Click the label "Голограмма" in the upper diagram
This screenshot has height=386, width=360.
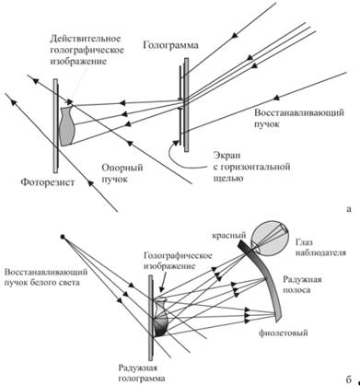pyautogui.click(x=171, y=46)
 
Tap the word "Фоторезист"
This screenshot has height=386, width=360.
pyautogui.click(x=48, y=182)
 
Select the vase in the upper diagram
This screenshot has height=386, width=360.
pyautogui.click(x=66, y=126)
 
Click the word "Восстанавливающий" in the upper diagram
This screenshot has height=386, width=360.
pyautogui.click(x=299, y=112)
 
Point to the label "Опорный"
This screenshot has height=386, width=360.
pyautogui.click(x=122, y=168)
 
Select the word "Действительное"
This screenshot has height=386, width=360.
pyautogui.click(x=85, y=39)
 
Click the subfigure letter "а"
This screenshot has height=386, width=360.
pyautogui.click(x=348, y=209)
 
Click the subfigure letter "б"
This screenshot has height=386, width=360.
pyautogui.click(x=349, y=380)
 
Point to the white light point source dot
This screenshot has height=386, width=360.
pyautogui.click(x=63, y=237)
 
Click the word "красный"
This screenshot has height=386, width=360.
pyautogui.click(x=228, y=236)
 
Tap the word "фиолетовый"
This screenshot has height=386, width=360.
pyautogui.click(x=284, y=333)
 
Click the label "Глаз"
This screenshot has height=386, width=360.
pyautogui.click(x=305, y=242)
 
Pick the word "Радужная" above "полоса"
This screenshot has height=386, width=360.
pyautogui.click(x=303, y=279)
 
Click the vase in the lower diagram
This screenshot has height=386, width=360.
pyautogui.click(x=161, y=319)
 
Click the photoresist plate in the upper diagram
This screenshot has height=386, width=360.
pyautogui.click(x=55, y=126)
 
